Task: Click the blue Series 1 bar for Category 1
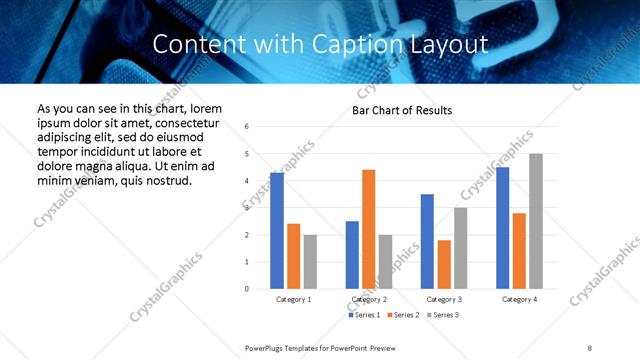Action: coord(276,231)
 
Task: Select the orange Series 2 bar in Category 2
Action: coord(368,229)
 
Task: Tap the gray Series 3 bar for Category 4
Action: coord(536,221)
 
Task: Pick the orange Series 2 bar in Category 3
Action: coord(444,264)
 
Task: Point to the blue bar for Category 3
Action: coord(427,241)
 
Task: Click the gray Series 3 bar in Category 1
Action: coord(310,262)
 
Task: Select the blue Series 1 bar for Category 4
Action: coord(502,228)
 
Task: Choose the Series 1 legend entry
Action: coord(363,315)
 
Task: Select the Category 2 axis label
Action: coord(369,299)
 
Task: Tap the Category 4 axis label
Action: coord(519,299)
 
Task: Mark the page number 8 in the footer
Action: coord(590,347)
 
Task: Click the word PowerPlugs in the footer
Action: coord(269,347)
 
